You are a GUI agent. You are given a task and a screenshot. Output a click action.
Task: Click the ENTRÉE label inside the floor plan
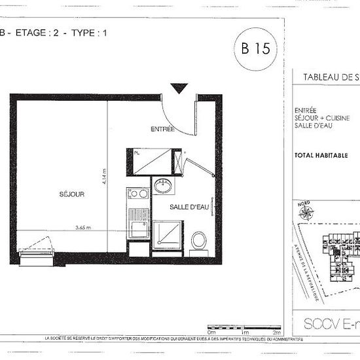pos(162,129)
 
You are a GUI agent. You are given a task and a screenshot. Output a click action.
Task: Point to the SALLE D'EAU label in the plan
pos(189,207)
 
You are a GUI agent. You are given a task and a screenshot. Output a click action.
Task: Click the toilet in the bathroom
pos(199,240)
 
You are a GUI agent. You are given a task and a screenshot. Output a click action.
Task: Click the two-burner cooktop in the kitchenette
pos(138,194)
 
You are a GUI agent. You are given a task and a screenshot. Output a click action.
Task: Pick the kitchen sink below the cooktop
pos(138,226)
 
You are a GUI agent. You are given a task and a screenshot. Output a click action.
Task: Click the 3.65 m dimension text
pos(82,227)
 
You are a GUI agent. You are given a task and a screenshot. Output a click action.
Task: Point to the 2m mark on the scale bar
pos(278,333)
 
